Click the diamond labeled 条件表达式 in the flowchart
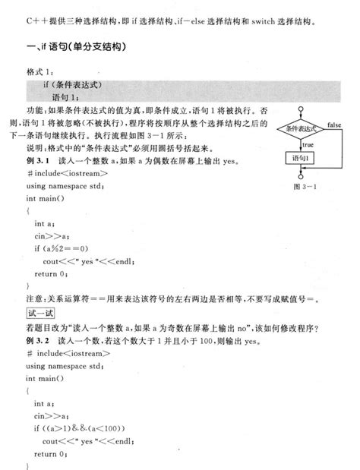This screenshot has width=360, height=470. [x=301, y=129]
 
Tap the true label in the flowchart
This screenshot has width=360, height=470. [x=308, y=144]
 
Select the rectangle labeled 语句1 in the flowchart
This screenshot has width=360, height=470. [x=301, y=158]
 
